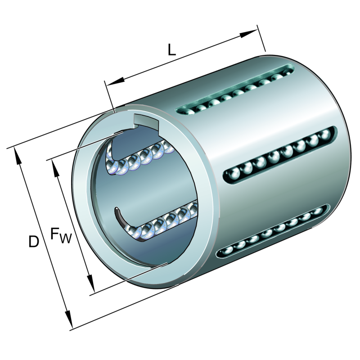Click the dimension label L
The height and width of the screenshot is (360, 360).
pyautogui.click(x=172, y=50)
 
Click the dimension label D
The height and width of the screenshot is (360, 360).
pyautogui.click(x=33, y=241)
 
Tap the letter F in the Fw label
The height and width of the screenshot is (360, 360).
pyautogui.click(x=54, y=233)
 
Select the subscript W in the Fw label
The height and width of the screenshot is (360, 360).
pyautogui.click(x=66, y=238)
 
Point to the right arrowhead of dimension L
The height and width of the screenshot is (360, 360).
pyautogui.click(x=248, y=33)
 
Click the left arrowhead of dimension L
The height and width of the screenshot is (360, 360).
pyautogui.click(x=115, y=82)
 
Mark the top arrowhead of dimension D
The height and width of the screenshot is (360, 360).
pyautogui.click(x=18, y=156)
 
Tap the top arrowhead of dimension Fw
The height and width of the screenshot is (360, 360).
pyautogui.click(x=56, y=169)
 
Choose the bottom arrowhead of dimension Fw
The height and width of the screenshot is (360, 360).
pyautogui.click(x=91, y=283)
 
